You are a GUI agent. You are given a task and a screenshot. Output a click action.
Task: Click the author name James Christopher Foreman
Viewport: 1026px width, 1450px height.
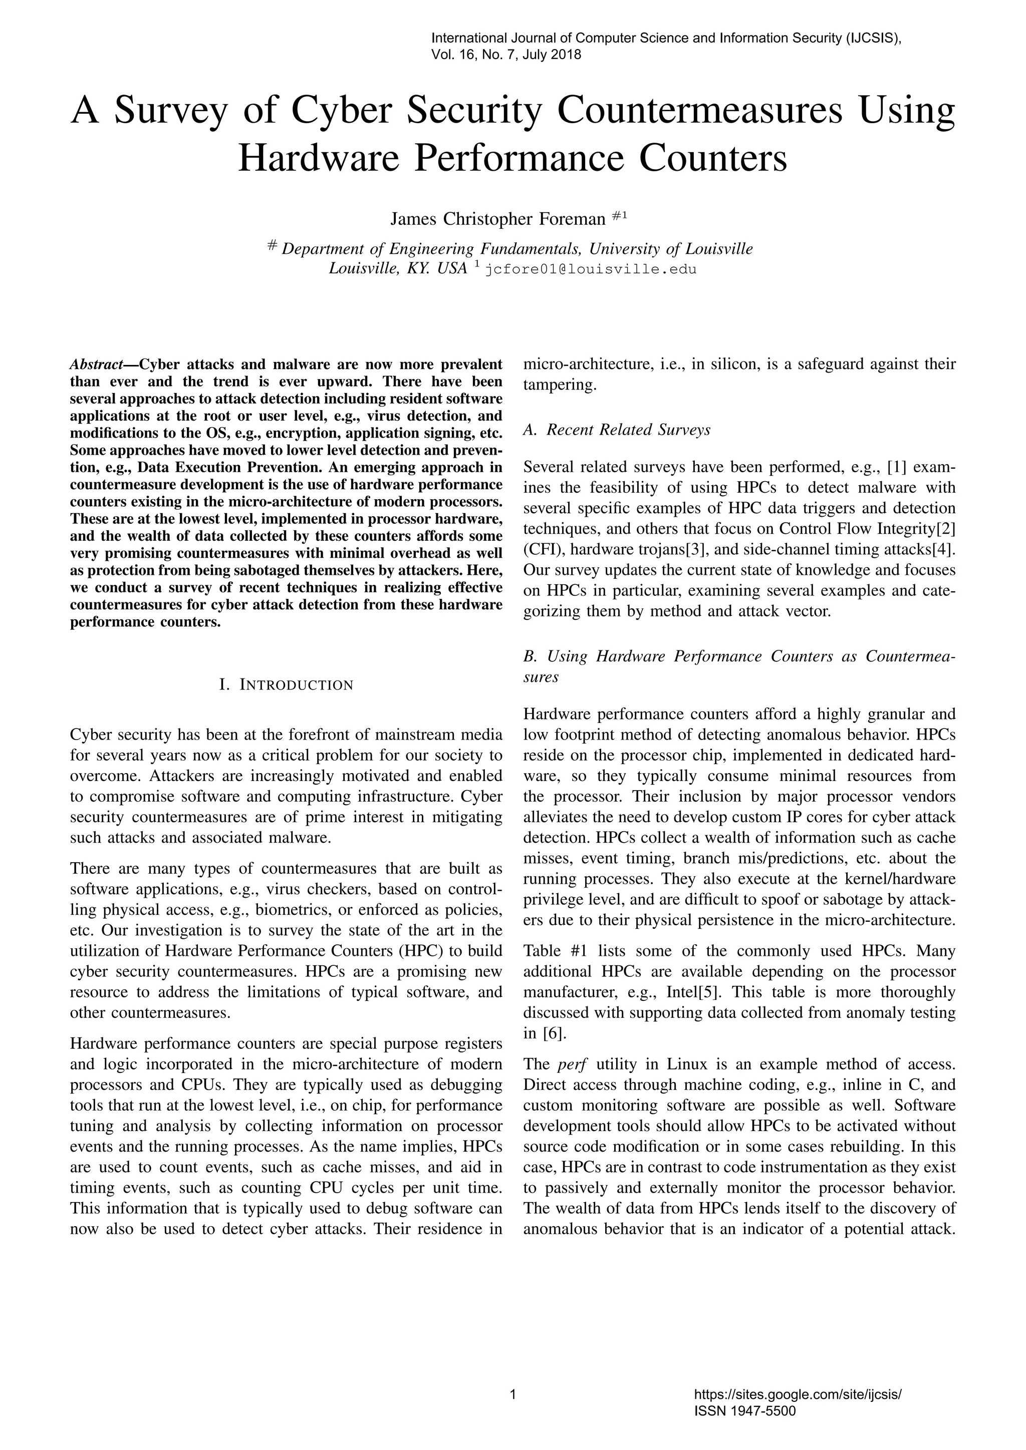pos(498,219)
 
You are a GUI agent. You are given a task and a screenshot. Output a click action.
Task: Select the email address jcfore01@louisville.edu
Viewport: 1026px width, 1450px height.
pos(590,269)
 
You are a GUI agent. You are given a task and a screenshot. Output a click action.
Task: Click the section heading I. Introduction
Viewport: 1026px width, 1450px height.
pos(286,685)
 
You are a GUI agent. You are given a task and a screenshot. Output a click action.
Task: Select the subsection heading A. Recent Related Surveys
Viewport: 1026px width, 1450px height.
pos(617,430)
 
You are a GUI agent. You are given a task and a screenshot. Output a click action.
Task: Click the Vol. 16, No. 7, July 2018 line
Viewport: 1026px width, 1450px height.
pos(505,55)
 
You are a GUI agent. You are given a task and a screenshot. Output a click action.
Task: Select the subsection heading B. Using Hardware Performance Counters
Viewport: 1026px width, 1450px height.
pos(739,657)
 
